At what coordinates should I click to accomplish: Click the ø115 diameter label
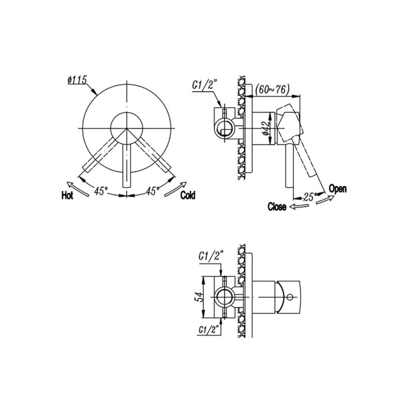pos(77,80)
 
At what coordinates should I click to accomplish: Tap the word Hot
pos(68,195)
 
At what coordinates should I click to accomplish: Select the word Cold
pos(188,195)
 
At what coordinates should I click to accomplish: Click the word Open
pos(338,188)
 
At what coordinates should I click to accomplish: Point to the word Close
pos(277,207)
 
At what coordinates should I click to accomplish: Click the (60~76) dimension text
pos(272,89)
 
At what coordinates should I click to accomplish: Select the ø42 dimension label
pos(266,128)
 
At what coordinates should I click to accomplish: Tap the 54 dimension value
pos(200,297)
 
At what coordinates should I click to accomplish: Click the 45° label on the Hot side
pos(101,191)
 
